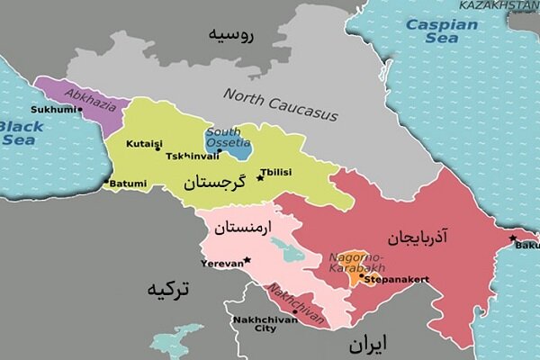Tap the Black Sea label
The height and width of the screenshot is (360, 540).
21,133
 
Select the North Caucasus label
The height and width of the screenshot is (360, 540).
280,104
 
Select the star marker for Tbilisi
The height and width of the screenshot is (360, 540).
260,177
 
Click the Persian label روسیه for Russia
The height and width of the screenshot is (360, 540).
232,36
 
